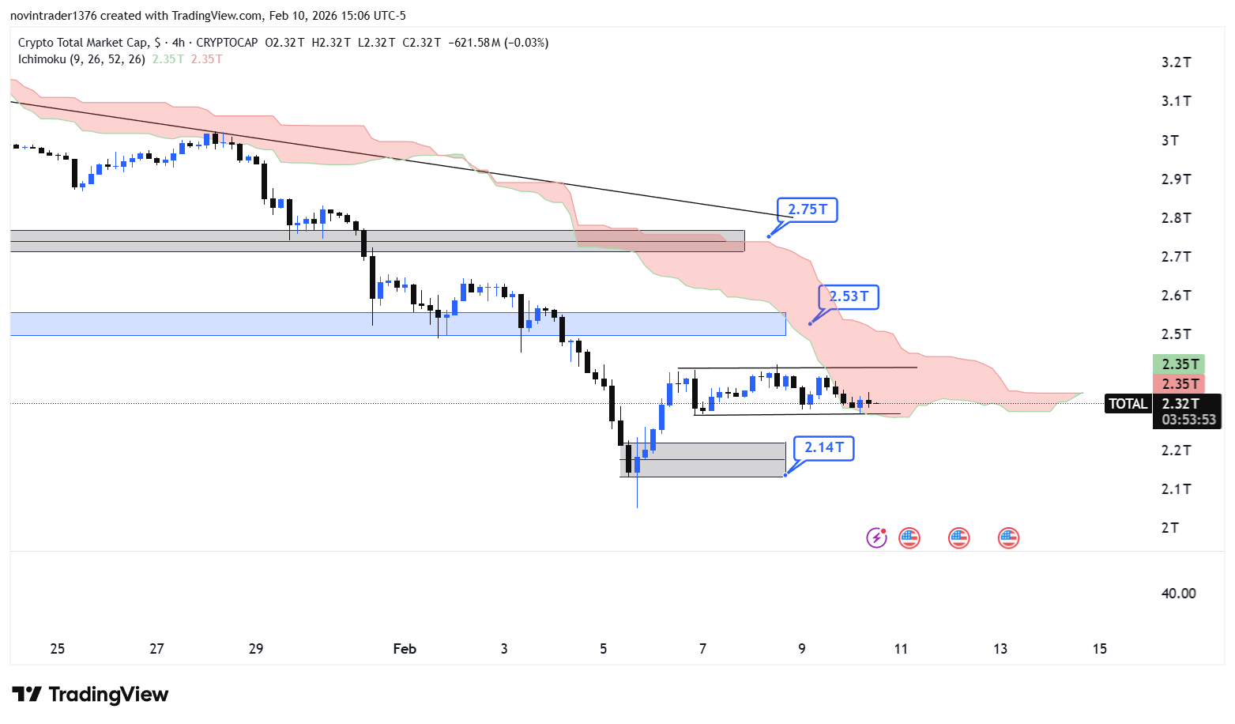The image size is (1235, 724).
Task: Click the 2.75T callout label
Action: [807, 209]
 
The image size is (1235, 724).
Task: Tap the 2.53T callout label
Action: [849, 296]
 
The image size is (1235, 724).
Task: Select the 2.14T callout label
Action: [823, 447]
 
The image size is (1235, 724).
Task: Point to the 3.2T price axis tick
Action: [1176, 62]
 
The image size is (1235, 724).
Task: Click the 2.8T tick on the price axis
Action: [1176, 218]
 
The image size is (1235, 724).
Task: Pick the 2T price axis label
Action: [1169, 528]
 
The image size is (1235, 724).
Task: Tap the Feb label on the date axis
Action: [405, 649]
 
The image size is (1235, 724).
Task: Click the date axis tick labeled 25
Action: [58, 649]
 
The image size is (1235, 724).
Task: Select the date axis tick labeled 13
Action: [1000, 649]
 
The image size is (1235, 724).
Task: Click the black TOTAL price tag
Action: [1128, 404]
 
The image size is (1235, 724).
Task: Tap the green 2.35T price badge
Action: [1180, 364]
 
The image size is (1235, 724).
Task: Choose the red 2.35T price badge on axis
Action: [1180, 384]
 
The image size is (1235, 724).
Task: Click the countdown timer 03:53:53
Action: [1188, 420]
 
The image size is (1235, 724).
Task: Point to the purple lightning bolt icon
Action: [876, 538]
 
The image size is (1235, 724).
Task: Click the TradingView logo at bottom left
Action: [90, 695]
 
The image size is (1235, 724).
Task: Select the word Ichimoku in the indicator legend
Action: [42, 59]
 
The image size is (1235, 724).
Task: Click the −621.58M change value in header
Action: [474, 43]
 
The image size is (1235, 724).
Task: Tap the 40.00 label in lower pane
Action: [1178, 594]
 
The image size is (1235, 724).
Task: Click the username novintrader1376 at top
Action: [53, 16]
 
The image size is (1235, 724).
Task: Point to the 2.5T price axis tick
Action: [1176, 334]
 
